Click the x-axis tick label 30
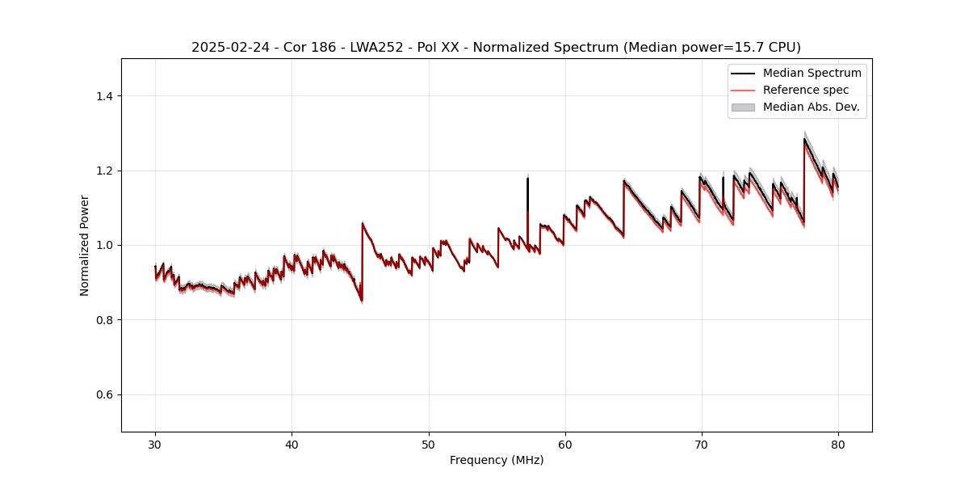coord(155,444)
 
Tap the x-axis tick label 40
coord(292,444)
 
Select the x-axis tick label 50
coord(428,444)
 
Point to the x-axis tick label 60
coord(565,444)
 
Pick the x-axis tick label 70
coord(702,444)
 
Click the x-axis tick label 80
coord(838,444)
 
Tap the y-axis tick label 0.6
coord(104,394)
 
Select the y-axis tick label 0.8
coord(104,320)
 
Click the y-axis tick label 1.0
coord(104,245)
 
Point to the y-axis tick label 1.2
coord(104,171)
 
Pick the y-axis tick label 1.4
coord(104,96)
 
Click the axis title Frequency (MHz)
coord(497,460)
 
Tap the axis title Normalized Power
coord(85,245)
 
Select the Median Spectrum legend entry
coord(812,73)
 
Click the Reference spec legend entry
coord(805,90)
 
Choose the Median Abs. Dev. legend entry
coord(811,107)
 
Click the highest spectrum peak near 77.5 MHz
coord(804,138)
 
